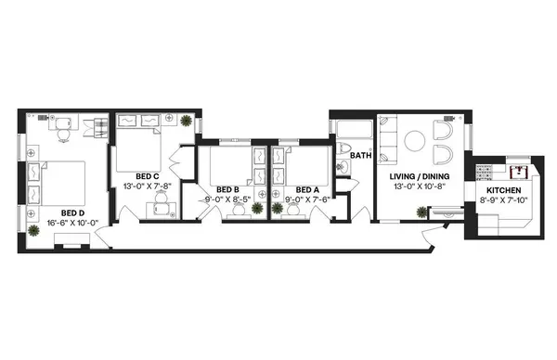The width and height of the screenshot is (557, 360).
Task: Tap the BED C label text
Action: [x=147, y=176]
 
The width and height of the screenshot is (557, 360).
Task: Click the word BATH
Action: [x=360, y=156]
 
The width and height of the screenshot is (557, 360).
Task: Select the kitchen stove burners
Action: [x=483, y=172]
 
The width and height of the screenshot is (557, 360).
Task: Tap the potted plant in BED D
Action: [x=33, y=227]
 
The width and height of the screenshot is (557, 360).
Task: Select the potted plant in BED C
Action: [x=187, y=121]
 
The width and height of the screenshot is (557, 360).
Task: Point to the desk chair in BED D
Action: [x=62, y=135]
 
